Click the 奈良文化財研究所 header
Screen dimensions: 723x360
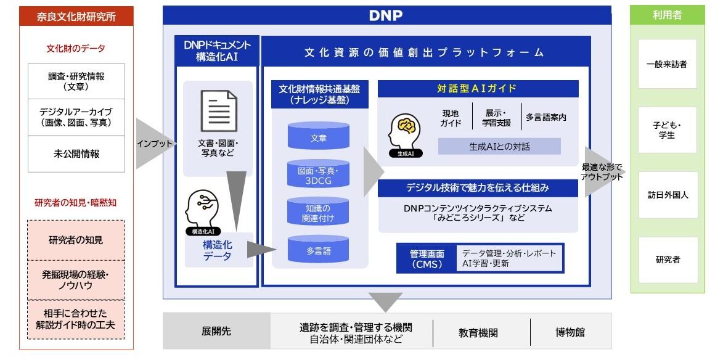[76, 16]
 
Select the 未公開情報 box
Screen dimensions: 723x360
[76, 154]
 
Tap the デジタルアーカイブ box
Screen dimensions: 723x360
[76, 118]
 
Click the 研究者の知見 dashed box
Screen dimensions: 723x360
[76, 240]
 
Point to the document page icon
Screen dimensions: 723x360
[219, 111]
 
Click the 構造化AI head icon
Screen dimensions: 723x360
[202, 210]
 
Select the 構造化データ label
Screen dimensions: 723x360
[217, 250]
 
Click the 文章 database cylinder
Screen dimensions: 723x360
[319, 136]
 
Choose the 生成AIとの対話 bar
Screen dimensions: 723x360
[499, 147]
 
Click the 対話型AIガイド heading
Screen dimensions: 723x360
[478, 89]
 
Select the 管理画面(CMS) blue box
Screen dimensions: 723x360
[427, 258]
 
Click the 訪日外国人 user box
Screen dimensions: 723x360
[668, 195]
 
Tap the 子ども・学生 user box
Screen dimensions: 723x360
[668, 130]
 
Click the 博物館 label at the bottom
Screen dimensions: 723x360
[570, 332]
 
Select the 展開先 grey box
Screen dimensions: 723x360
[217, 331]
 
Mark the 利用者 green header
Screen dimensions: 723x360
[668, 15]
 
